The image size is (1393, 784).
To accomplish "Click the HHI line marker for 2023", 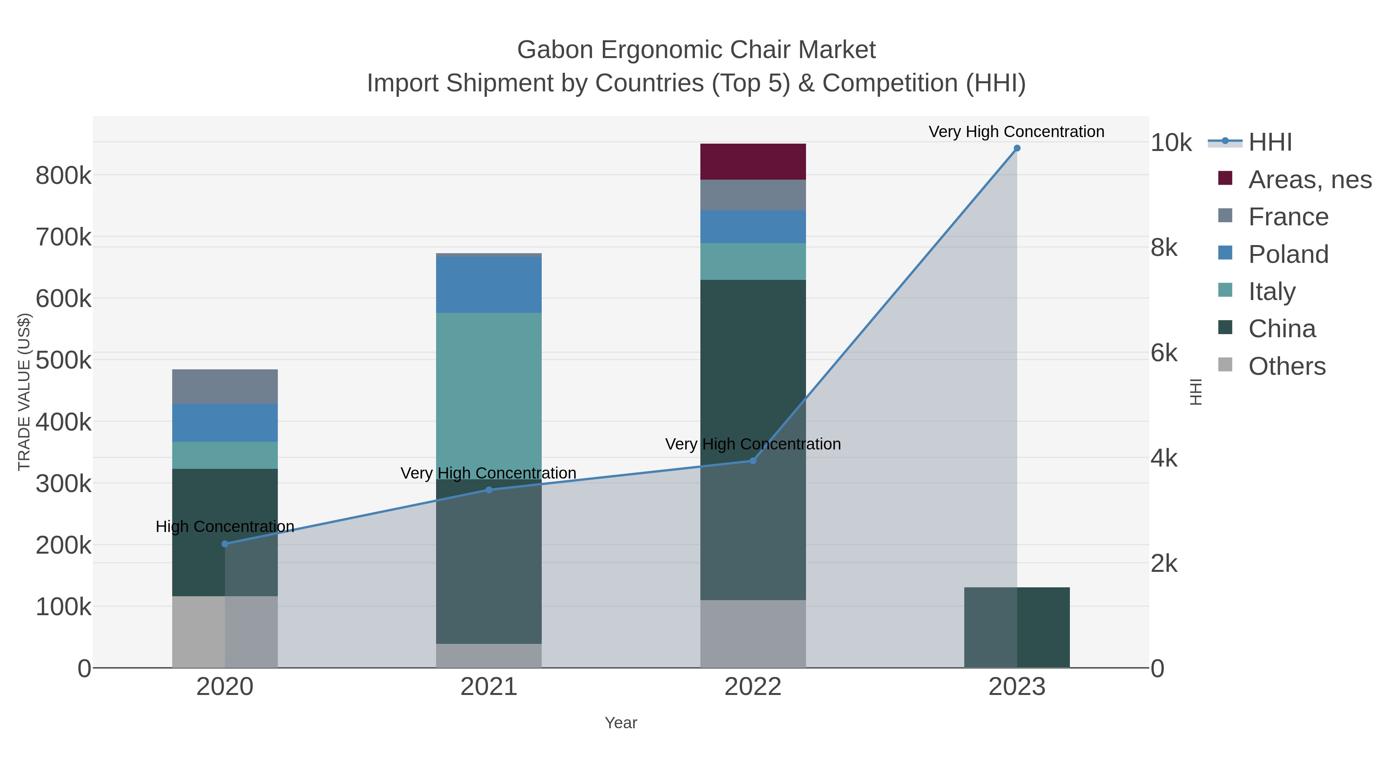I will [1017, 148].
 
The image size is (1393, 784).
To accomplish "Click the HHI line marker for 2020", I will [225, 544].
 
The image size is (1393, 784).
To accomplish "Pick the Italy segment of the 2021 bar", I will [489, 395].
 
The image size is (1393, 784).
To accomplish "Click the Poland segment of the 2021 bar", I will [489, 285].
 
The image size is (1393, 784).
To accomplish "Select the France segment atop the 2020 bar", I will [225, 386].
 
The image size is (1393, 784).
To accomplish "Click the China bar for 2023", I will [1017, 627].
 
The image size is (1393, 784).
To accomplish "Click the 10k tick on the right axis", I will [1171, 143].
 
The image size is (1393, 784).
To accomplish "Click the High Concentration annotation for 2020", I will [225, 527].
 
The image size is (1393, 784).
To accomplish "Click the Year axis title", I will [621, 723].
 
